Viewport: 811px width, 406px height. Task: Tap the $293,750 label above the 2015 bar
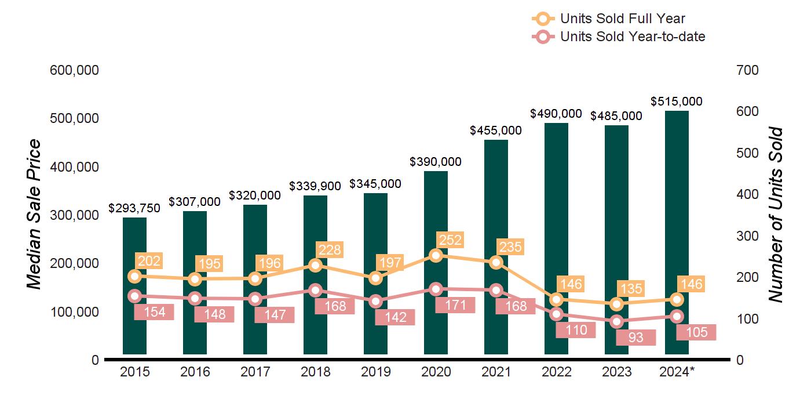coord(134,208)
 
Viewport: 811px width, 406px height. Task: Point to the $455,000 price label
coord(496,130)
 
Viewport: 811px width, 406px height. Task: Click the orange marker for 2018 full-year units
coord(315,265)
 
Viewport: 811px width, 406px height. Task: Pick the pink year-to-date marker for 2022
coord(556,314)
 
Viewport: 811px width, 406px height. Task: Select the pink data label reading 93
coord(635,337)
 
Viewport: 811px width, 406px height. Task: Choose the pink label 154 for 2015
coord(154,312)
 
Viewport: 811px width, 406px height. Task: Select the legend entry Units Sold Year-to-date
coord(632,37)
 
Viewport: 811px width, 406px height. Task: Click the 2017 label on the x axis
coord(255,372)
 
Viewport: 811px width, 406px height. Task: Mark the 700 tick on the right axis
coord(747,70)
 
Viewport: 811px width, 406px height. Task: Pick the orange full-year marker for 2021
coord(496,262)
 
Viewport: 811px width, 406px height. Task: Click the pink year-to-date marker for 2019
coord(375,301)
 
